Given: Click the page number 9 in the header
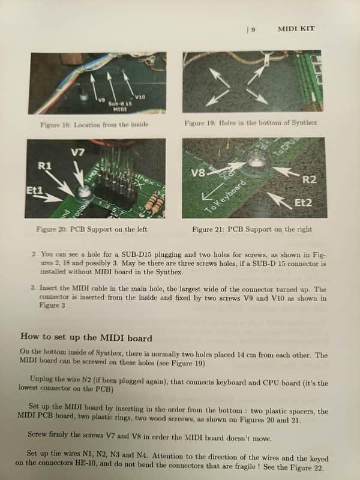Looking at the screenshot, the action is pyautogui.click(x=253, y=29).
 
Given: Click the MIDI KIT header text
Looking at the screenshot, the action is pyautogui.click(x=296, y=29).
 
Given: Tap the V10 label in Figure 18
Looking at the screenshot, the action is pyautogui.click(x=140, y=97).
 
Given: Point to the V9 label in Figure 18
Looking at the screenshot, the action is pyautogui.click(x=101, y=100).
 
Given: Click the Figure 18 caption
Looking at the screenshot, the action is pyautogui.click(x=94, y=125).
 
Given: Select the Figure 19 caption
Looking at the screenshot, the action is pyautogui.click(x=250, y=123).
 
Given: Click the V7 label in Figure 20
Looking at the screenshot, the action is pyautogui.click(x=78, y=152).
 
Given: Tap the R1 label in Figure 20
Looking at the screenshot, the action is pyautogui.click(x=44, y=166).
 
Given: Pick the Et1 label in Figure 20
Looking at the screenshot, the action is pyautogui.click(x=34, y=190).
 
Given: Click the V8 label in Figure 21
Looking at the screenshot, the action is pyautogui.click(x=198, y=173).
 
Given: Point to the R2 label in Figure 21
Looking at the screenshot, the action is pyautogui.click(x=309, y=179).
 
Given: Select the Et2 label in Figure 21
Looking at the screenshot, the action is pyautogui.click(x=303, y=203).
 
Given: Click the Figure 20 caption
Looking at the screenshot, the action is pyautogui.click(x=92, y=229).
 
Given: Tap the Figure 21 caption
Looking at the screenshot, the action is pyautogui.click(x=252, y=229).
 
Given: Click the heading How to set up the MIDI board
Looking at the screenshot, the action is pyautogui.click(x=86, y=337).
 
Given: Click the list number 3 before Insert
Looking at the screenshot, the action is pyautogui.click(x=34, y=288).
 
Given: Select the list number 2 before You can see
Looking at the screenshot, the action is pyautogui.click(x=35, y=254).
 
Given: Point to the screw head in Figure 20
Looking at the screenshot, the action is pyautogui.click(x=82, y=191).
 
